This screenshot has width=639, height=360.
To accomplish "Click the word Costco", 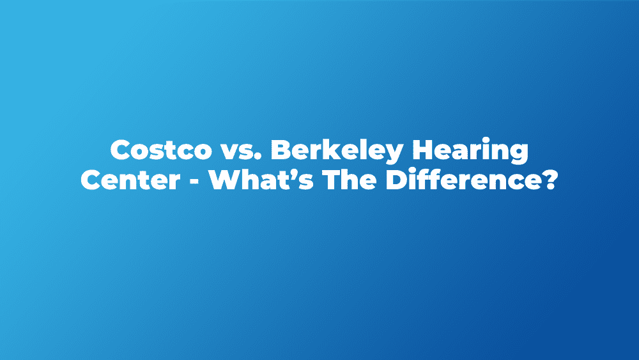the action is coord(161,150).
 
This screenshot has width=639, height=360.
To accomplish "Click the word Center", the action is coord(130,180).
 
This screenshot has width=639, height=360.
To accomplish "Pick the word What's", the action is coord(261,180).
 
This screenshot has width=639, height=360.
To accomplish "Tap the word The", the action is coord(350,180).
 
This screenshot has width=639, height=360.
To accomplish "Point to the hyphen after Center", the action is coord(195,182).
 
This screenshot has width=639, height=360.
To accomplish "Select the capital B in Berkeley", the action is coord(281,150).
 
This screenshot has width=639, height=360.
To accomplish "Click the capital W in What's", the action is coord(225,180).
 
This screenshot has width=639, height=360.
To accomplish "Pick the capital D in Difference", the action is coord(396,180).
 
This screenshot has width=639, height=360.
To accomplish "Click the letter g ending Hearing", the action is coord(520,155).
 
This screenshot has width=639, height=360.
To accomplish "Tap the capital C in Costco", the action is coord(120,150).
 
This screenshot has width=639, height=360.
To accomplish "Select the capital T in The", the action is coord(331,180).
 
